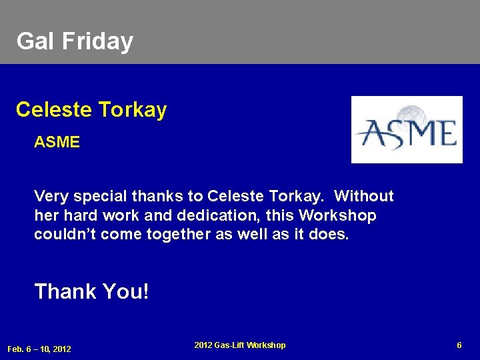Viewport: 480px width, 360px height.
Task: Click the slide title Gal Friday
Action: (75, 41)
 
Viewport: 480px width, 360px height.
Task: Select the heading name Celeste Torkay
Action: (91, 109)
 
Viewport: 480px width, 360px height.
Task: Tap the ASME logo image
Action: (407, 130)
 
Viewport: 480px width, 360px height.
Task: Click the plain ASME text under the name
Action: (57, 142)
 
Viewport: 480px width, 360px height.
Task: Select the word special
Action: (100, 197)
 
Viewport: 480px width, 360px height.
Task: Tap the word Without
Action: (364, 197)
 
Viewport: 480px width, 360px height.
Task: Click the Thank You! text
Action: (92, 291)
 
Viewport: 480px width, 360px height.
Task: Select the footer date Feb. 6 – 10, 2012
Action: (39, 349)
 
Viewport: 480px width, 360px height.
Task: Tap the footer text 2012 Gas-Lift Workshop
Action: (240, 345)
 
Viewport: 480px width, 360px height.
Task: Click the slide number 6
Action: (459, 345)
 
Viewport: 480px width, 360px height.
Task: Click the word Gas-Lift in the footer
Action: (231, 345)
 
